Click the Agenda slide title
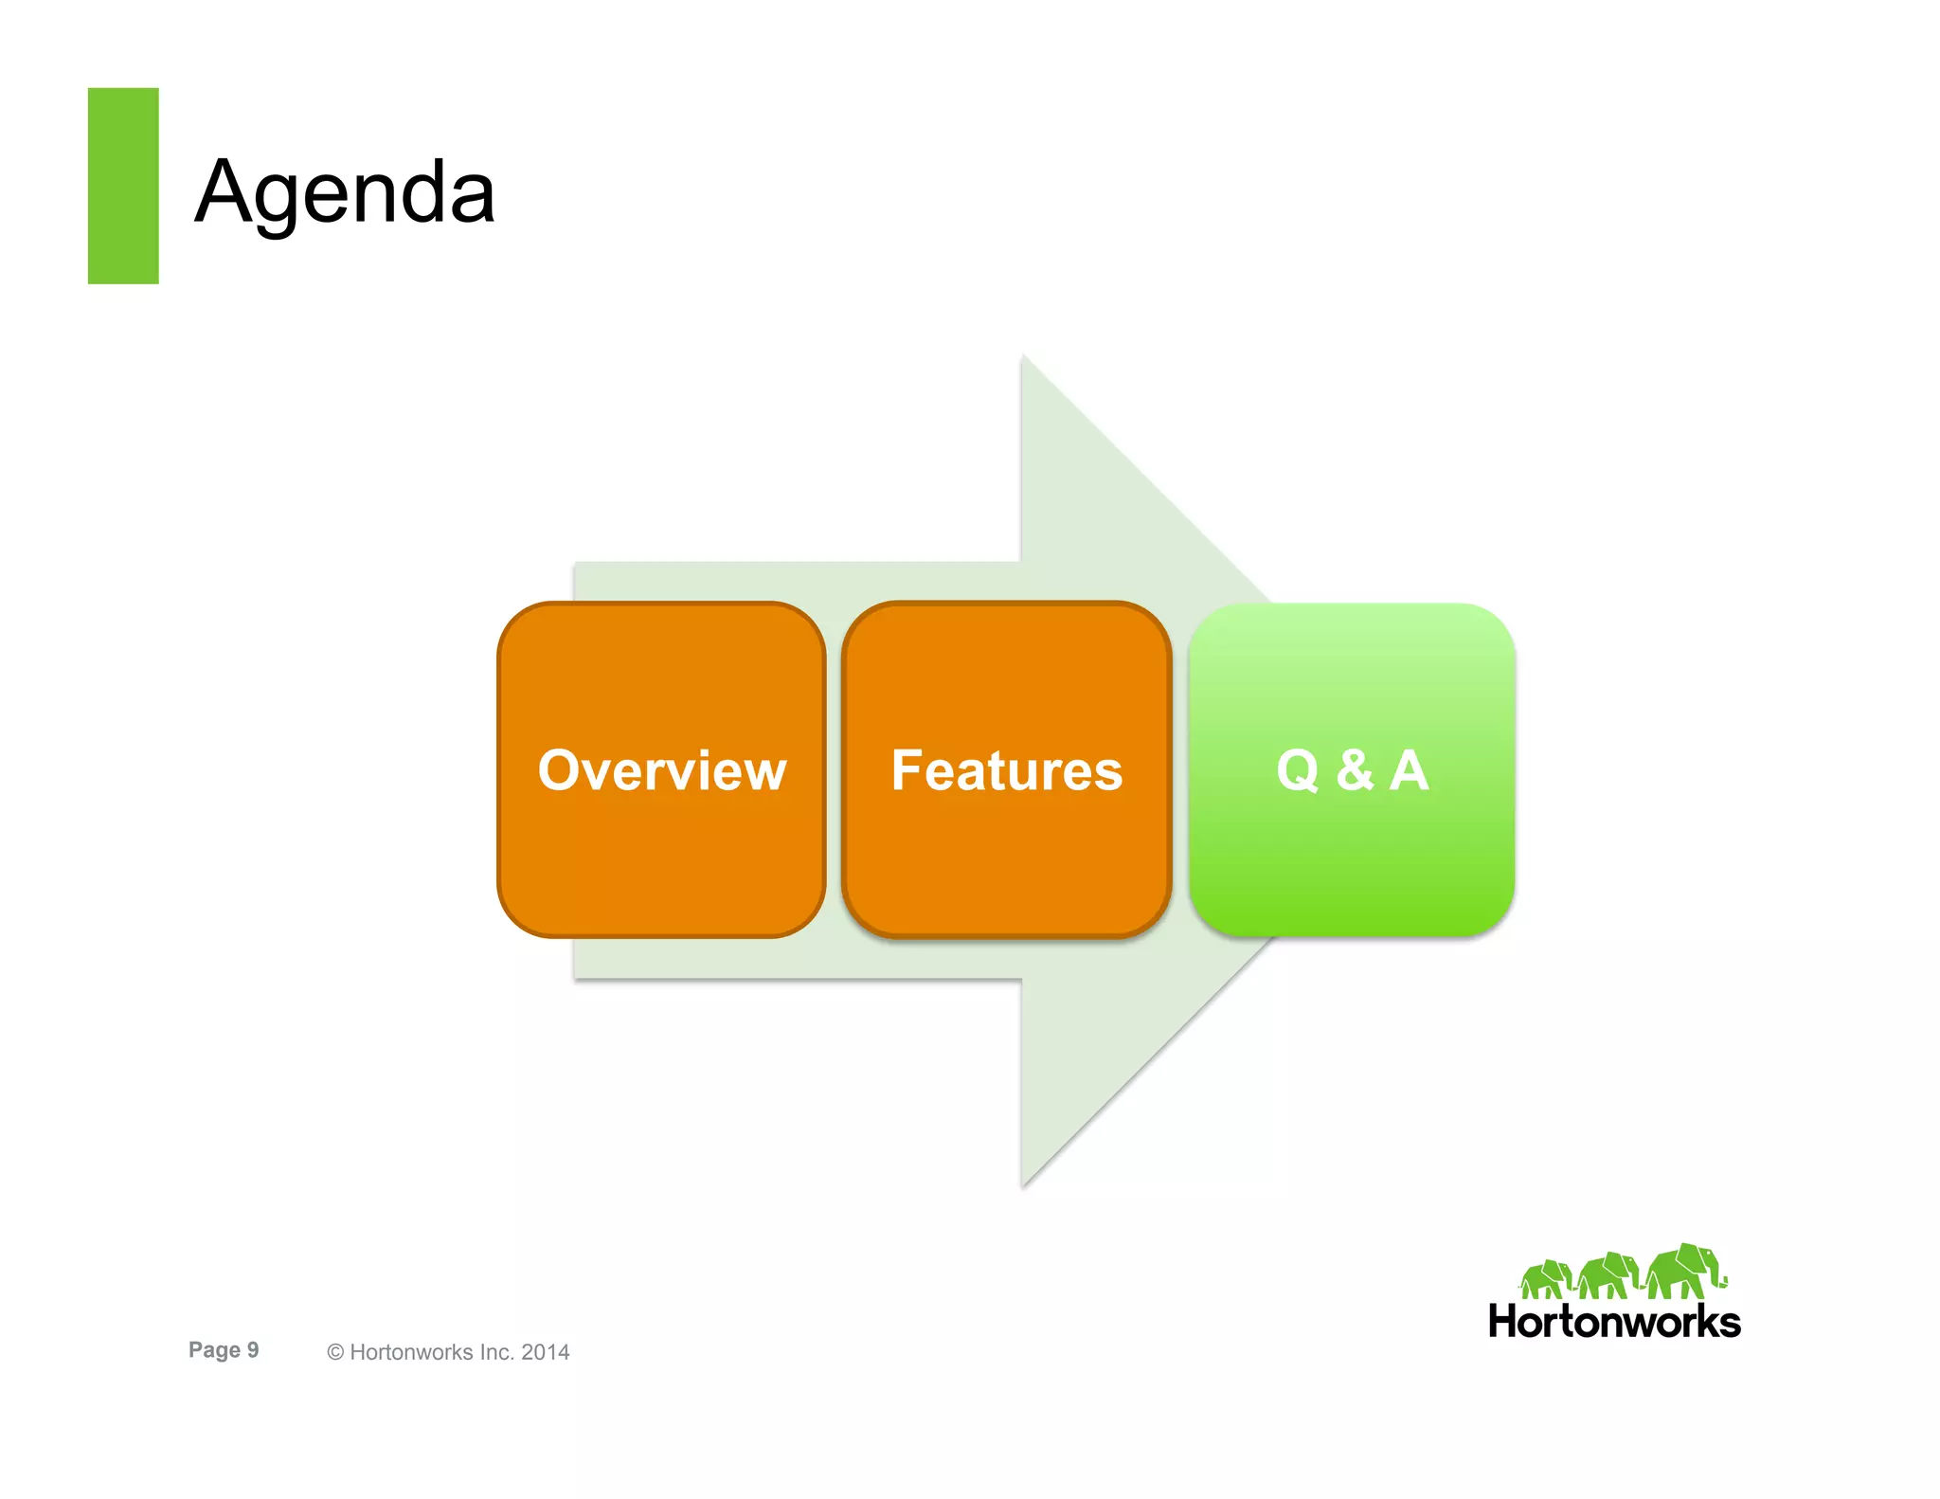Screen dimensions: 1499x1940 [345, 192]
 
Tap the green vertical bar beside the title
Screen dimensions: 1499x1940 [123, 186]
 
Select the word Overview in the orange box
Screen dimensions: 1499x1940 [662, 770]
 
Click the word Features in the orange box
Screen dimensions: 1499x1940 [1007, 770]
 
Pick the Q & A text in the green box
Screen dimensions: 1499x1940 [1352, 770]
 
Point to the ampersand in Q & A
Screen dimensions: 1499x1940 [1355, 770]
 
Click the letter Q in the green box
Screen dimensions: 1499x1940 [1298, 771]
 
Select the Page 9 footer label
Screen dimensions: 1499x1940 [224, 1350]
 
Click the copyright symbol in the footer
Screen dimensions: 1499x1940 [334, 1353]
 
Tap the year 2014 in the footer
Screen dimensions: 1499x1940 [545, 1353]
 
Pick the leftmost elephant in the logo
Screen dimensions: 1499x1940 [1544, 1279]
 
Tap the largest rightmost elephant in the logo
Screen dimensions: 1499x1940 [1684, 1272]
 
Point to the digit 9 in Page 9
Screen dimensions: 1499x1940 [253, 1350]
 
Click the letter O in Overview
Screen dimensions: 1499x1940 [559, 770]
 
